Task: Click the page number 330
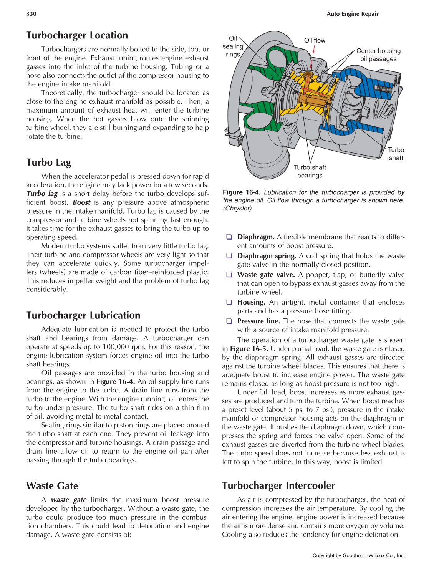[31, 14]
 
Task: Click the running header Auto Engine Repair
[352, 14]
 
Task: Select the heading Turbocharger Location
[77, 35]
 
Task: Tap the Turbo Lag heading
[48, 162]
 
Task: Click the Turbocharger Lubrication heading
[83, 315]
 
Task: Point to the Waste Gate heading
[52, 486]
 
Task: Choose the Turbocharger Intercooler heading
[278, 486]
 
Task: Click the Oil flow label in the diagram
[314, 40]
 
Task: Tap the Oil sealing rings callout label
[233, 46]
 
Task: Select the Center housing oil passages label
[378, 55]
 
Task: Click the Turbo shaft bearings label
[310, 171]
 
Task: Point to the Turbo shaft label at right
[396, 154]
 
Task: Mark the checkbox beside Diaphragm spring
[229, 256]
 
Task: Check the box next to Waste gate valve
[229, 275]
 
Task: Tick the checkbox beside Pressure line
[229, 321]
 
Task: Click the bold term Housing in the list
[251, 302]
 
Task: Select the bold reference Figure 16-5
[249, 349]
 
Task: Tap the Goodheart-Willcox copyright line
[358, 555]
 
